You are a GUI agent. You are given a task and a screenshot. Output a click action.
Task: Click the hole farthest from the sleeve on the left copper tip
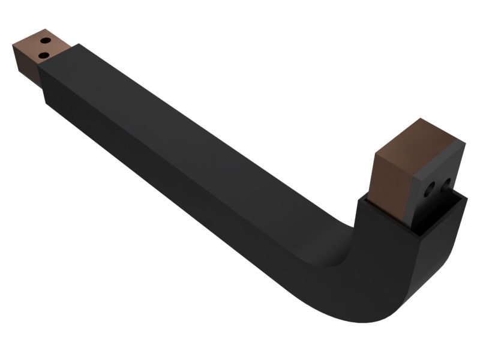[x=44, y=41]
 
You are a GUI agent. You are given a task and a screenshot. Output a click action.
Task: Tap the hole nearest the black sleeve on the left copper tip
[x=43, y=55]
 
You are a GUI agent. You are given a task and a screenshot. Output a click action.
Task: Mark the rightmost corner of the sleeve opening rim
[x=467, y=198]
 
